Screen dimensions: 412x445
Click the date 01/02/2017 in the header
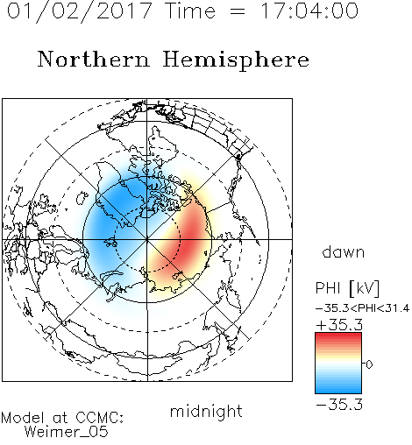pyautogui.click(x=79, y=11)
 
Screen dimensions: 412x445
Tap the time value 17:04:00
pyautogui.click(x=309, y=11)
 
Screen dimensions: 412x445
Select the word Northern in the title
pyautogui.click(x=94, y=59)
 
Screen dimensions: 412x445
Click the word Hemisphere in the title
pyautogui.click(x=236, y=60)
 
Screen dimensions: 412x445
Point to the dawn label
pyautogui.click(x=344, y=251)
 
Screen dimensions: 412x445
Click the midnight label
pyautogui.click(x=206, y=412)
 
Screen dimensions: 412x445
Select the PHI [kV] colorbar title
pyautogui.click(x=347, y=288)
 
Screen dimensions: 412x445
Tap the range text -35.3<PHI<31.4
pyautogui.click(x=362, y=308)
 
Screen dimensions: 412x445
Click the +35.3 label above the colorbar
pyautogui.click(x=339, y=325)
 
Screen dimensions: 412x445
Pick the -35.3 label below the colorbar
pyautogui.click(x=339, y=405)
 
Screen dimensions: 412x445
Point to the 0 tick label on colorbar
pyautogui.click(x=369, y=364)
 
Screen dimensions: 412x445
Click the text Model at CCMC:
pyautogui.click(x=62, y=418)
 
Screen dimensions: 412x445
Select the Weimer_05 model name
pyautogui.click(x=67, y=432)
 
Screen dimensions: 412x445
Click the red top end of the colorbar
pyautogui.click(x=338, y=335)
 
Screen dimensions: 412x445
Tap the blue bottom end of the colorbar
pyautogui.click(x=338, y=392)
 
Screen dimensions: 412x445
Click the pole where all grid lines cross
pyautogui.click(x=147, y=239)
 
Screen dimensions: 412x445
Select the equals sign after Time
pyautogui.click(x=238, y=12)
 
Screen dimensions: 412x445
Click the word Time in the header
pyautogui.click(x=190, y=11)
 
